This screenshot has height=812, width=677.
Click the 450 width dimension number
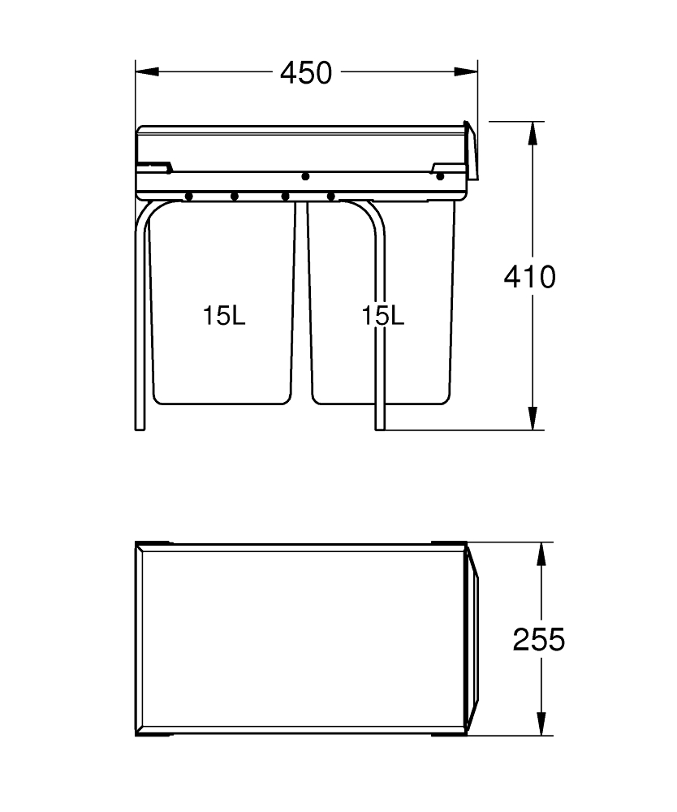click(x=306, y=73)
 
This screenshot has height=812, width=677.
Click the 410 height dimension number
click(x=529, y=277)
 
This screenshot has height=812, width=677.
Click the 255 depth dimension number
click(x=538, y=640)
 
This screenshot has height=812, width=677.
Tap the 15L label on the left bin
click(x=224, y=316)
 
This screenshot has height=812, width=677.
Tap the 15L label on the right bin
click(x=382, y=316)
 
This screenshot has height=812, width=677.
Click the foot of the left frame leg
click(x=140, y=427)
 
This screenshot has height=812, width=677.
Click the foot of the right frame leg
click(x=380, y=427)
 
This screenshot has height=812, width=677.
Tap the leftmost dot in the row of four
click(x=188, y=196)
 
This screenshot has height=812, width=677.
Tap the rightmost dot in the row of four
click(x=330, y=196)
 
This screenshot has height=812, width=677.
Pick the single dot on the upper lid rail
click(x=305, y=176)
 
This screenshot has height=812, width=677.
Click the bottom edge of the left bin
click(x=221, y=404)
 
